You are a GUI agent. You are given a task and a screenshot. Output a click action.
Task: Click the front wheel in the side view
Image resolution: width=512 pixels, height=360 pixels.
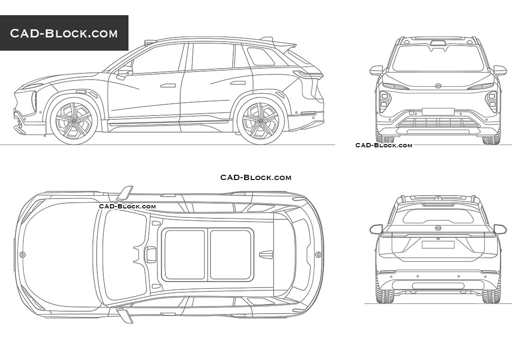74,121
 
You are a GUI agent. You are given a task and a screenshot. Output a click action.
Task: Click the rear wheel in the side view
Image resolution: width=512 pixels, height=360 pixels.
261,121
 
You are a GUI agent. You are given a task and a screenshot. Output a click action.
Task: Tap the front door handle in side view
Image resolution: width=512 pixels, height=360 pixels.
168,86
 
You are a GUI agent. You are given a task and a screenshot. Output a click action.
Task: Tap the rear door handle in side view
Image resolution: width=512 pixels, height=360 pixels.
238,83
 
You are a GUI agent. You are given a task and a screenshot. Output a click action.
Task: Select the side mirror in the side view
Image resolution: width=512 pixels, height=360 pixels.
125,72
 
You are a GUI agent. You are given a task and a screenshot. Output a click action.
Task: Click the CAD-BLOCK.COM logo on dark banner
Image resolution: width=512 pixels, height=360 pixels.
64,33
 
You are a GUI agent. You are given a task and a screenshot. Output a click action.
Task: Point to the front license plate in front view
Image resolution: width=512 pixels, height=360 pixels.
438,112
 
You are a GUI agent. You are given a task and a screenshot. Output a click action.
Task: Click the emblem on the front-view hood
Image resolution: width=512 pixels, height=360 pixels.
438,86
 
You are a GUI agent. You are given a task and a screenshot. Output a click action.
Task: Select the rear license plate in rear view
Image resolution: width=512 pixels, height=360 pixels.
438,244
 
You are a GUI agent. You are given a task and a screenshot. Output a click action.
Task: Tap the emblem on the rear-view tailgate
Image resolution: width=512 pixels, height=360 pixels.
438,228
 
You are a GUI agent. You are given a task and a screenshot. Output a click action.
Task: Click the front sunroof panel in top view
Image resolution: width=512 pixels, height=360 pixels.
184,255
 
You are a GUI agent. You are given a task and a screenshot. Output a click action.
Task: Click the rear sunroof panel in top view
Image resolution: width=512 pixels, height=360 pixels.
231,255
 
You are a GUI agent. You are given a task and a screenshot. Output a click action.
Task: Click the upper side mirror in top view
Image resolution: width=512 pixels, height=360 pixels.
126,193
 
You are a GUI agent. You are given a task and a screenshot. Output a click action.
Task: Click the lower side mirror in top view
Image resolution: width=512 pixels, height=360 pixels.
126,316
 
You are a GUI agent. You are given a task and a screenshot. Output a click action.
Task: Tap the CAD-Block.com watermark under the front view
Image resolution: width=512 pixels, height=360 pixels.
384,145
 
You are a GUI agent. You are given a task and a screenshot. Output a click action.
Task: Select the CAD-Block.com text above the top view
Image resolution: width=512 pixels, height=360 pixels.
256,178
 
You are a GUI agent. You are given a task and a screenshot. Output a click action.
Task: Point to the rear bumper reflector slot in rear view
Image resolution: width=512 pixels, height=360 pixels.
438,286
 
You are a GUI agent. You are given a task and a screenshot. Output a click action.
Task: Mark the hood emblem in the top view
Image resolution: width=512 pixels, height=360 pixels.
22,255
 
